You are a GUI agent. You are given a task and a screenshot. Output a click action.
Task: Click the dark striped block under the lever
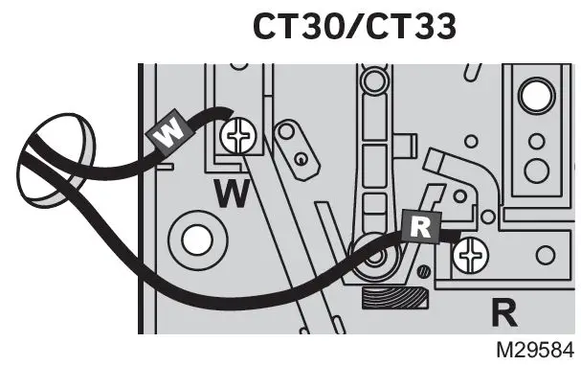(391, 300)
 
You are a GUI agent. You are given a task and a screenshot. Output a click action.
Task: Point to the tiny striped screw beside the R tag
(423, 277)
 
